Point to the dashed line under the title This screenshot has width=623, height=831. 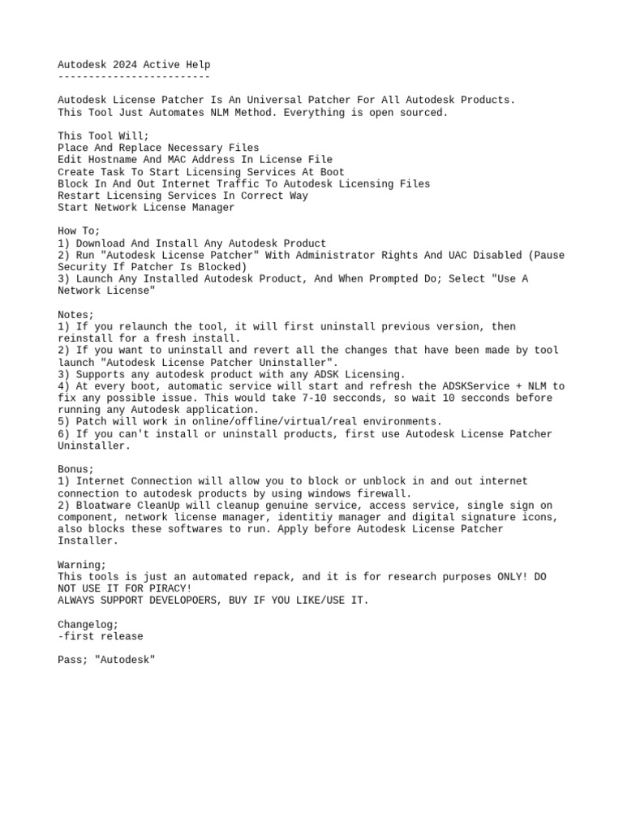click(134, 76)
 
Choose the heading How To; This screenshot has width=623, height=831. click(79, 231)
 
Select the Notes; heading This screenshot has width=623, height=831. click(75, 314)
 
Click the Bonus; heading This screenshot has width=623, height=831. click(75, 469)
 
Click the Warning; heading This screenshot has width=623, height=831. click(82, 565)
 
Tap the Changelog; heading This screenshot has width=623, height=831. click(88, 624)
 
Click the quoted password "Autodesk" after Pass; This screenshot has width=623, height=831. click(125, 660)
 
